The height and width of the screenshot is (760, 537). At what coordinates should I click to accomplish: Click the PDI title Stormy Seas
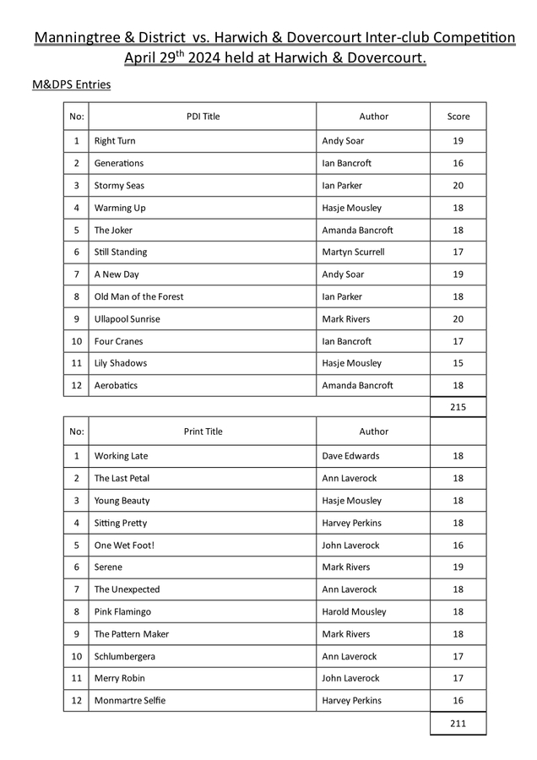click(x=119, y=186)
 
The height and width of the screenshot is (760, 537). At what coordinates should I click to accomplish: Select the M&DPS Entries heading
click(x=71, y=84)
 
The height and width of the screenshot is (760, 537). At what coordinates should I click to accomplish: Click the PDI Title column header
click(x=203, y=117)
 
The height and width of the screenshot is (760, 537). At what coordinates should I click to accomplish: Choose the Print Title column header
click(x=203, y=432)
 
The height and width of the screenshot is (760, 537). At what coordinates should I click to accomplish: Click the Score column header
click(x=458, y=117)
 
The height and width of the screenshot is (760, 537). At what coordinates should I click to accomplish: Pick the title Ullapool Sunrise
click(x=127, y=319)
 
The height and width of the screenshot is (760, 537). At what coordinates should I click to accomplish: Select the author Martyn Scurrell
click(x=353, y=252)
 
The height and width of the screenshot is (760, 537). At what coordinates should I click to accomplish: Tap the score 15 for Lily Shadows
click(x=458, y=363)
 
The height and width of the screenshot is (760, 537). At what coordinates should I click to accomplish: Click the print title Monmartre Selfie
click(x=130, y=701)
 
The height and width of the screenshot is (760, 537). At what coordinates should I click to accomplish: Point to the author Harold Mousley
click(x=354, y=611)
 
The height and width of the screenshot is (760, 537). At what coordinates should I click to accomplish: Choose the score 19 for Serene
click(x=458, y=567)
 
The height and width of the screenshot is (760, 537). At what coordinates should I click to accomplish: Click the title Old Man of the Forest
click(x=138, y=296)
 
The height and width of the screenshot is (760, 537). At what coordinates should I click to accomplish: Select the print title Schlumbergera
click(x=125, y=656)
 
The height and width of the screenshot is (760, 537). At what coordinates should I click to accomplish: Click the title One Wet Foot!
click(x=124, y=546)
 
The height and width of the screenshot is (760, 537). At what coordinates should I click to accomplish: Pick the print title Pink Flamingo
click(x=122, y=611)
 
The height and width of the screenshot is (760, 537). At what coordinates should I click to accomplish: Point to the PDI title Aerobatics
click(x=116, y=385)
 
